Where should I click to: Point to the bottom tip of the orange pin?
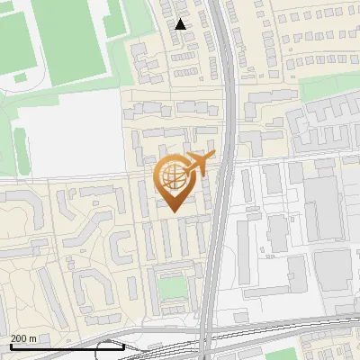click(x=174, y=211)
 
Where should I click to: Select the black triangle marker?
click(x=181, y=24)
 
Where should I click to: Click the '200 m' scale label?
click(x=23, y=337)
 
